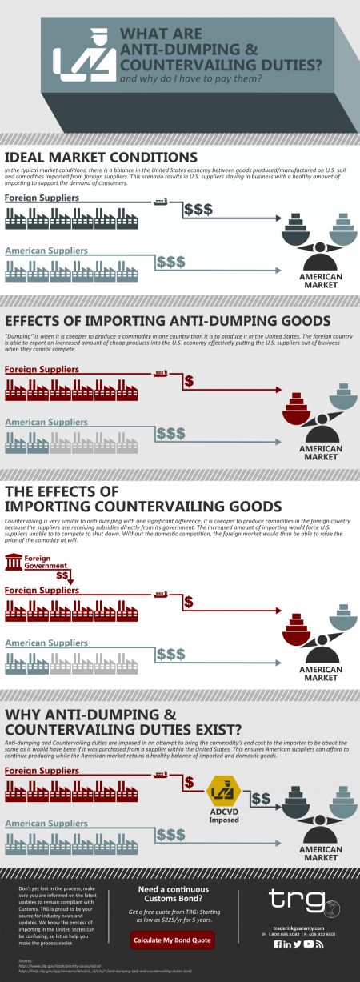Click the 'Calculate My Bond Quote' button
coord(173,940)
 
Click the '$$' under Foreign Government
coord(62,575)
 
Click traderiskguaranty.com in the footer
coord(298,927)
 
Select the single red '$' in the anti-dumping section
coord(189,381)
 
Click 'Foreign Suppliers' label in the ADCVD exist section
coord(42,770)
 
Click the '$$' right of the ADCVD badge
coord(261,799)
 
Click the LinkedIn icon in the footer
coord(287,944)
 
